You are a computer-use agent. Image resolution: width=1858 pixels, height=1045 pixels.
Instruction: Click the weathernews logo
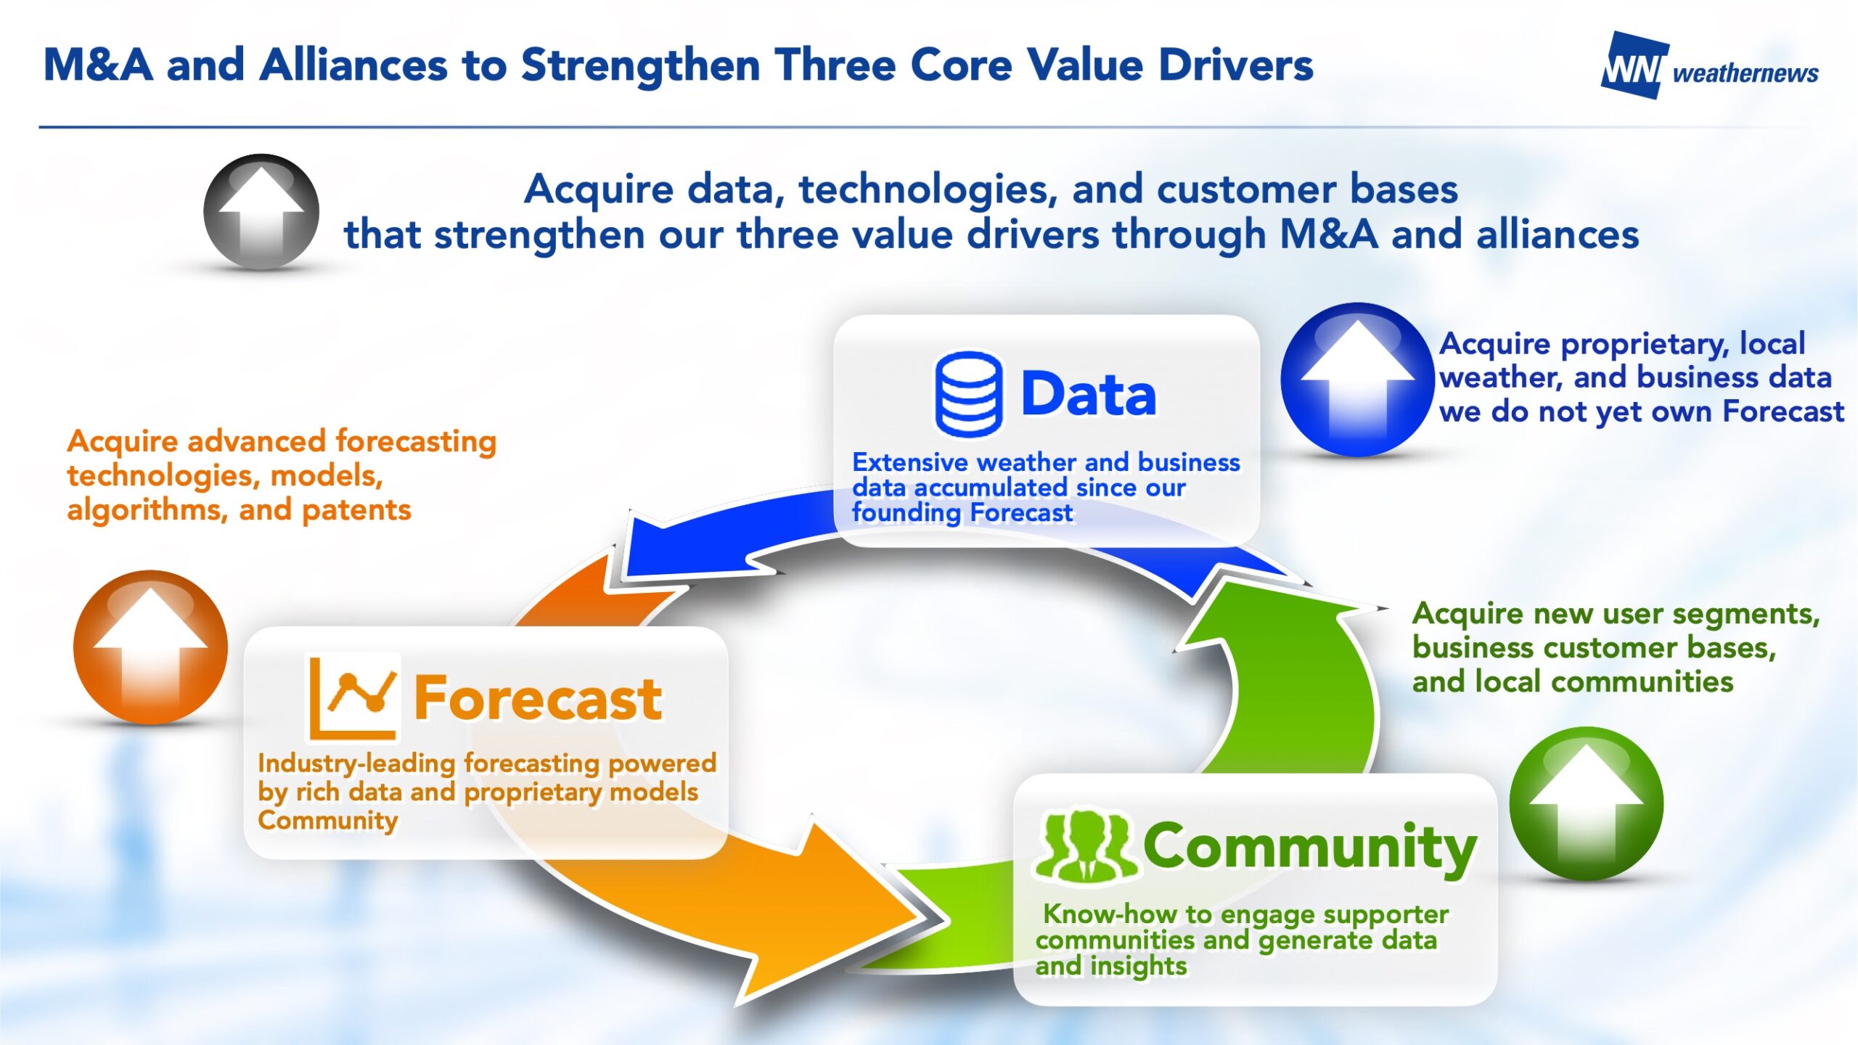[1709, 65]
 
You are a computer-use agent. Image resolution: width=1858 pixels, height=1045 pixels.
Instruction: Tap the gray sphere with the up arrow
[261, 212]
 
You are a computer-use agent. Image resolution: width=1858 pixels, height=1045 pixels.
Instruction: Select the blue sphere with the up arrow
[1357, 380]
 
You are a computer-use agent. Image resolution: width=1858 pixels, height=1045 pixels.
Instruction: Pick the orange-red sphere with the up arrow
[150, 647]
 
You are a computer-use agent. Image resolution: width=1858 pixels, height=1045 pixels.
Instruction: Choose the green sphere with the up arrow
[1587, 804]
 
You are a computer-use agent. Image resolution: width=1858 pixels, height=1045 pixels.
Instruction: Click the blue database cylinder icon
[969, 394]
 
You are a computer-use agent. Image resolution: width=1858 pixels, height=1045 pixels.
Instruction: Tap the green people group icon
[1085, 846]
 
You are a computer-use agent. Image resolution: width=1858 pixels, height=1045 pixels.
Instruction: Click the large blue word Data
[1089, 394]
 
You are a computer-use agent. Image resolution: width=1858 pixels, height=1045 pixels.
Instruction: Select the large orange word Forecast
[538, 698]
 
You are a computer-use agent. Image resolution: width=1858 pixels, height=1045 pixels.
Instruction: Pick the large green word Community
[1310, 848]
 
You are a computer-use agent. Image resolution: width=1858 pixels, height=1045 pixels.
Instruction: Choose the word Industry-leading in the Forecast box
[356, 764]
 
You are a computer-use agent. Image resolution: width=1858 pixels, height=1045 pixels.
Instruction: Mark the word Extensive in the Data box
[910, 462]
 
